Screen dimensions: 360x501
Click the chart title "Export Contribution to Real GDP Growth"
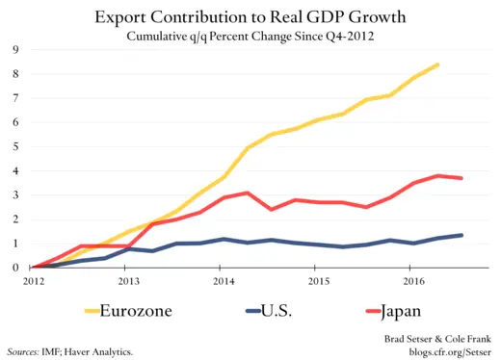click(250, 17)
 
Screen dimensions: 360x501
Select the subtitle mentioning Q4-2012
click(250, 37)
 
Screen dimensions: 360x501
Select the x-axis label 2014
click(224, 281)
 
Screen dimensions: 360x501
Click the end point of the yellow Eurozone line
click(439, 64)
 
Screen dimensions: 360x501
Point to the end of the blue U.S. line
click(463, 235)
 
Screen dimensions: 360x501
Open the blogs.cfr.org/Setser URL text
click(439, 352)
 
